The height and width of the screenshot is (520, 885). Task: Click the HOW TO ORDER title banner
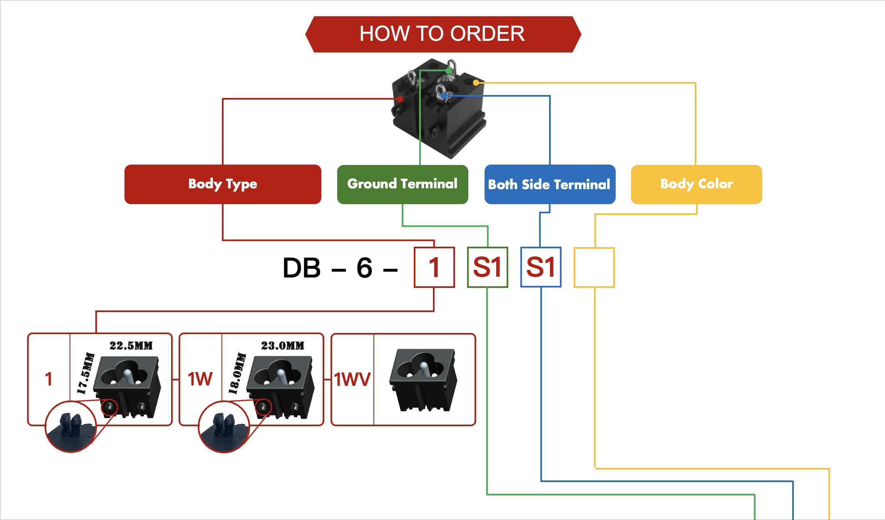tap(442, 34)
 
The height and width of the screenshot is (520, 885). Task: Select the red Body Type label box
tap(223, 184)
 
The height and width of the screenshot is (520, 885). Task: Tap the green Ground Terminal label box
tap(403, 184)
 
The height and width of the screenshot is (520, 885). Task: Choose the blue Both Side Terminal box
tap(549, 184)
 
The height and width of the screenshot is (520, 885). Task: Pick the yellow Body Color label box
tap(696, 184)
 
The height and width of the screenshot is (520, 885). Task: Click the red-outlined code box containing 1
tap(434, 267)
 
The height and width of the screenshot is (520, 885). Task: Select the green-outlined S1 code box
tap(487, 267)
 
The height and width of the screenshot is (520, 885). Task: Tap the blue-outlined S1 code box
tap(541, 267)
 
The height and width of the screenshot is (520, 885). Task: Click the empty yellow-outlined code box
tap(594, 267)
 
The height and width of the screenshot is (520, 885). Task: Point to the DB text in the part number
tap(302, 267)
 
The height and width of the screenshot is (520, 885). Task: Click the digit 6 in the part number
tap(364, 267)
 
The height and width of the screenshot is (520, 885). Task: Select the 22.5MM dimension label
tap(131, 346)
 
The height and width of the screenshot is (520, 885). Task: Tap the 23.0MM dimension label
tap(283, 346)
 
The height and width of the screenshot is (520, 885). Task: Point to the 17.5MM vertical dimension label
tap(86, 373)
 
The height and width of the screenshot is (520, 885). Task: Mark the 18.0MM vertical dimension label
tap(237, 373)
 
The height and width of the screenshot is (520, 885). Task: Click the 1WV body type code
tap(352, 379)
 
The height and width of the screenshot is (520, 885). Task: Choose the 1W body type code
tap(200, 379)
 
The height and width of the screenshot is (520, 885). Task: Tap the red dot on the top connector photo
tap(400, 99)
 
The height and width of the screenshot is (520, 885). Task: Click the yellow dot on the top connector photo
tap(476, 83)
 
